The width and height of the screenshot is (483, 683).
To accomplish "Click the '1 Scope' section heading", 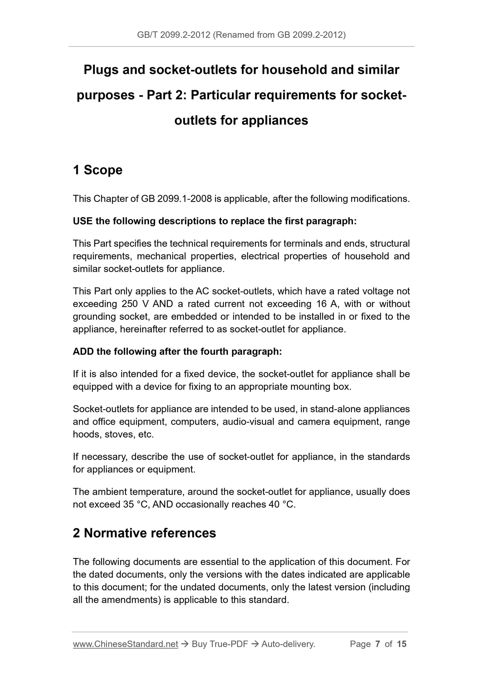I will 98,170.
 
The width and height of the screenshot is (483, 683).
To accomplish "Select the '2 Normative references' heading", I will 144,533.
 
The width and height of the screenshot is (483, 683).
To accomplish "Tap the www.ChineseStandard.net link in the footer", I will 125,644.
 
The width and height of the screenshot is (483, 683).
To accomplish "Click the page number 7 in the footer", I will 378,644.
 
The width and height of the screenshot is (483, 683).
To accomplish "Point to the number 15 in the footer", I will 401,644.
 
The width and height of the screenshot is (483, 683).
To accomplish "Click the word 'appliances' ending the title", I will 274,120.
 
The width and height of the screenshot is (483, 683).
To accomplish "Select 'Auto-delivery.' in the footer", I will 288,644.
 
